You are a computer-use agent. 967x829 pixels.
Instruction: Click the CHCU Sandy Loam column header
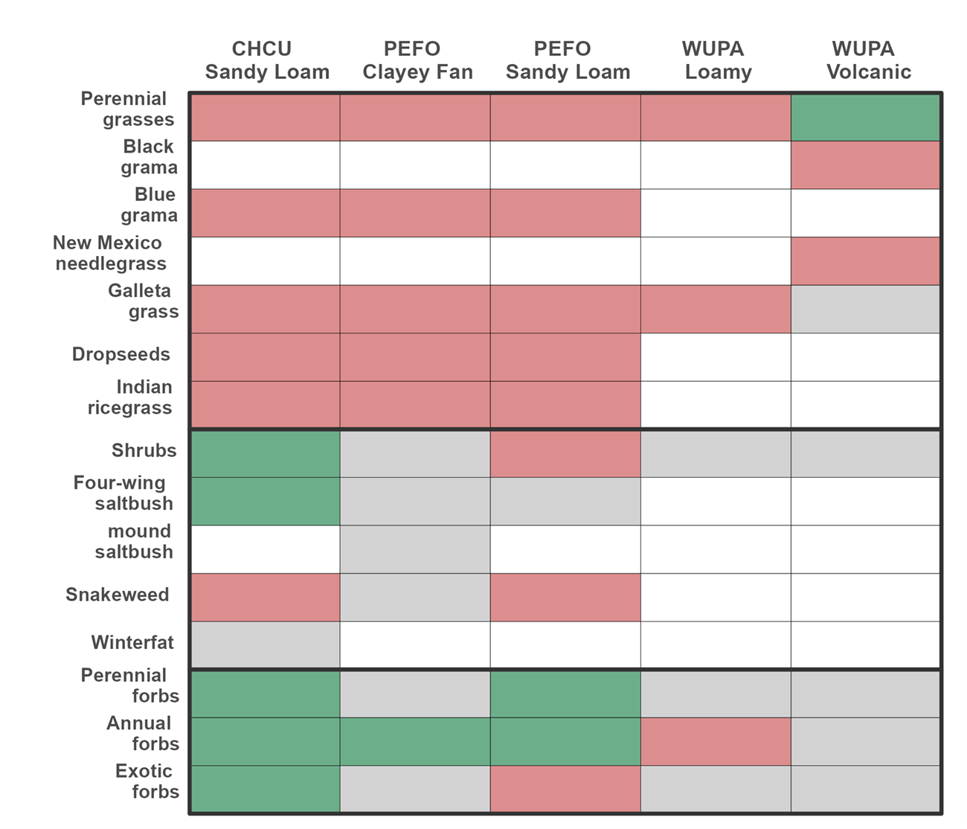[267, 60]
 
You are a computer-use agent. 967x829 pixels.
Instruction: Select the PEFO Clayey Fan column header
[417, 60]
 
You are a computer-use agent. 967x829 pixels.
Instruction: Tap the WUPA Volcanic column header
[868, 60]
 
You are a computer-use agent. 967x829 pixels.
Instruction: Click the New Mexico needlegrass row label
[109, 253]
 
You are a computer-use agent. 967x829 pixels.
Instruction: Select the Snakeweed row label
[118, 595]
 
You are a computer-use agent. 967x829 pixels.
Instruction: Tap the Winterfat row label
[132, 642]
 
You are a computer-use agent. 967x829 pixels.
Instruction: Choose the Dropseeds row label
[121, 354]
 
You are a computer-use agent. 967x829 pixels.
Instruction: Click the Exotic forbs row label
[147, 781]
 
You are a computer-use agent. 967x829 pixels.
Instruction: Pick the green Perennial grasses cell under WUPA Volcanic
[866, 118]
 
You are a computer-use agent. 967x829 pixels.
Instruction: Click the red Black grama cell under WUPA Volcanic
[866, 165]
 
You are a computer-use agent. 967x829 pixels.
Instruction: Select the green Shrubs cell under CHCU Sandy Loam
[266, 453]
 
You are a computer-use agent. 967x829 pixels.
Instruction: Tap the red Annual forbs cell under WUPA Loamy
[715, 741]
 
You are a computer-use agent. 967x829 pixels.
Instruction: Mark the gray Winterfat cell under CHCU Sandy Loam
[266, 644]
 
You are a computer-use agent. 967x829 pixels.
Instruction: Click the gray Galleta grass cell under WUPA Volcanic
[866, 309]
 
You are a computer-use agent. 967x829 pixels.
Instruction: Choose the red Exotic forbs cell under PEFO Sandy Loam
[565, 789]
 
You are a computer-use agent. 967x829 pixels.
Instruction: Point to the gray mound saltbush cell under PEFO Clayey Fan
[415, 549]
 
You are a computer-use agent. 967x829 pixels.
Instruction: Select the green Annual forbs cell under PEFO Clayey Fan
[415, 741]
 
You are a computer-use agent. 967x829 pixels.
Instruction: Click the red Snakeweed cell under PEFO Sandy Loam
[565, 597]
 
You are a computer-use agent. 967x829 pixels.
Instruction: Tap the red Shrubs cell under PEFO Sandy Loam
[565, 453]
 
